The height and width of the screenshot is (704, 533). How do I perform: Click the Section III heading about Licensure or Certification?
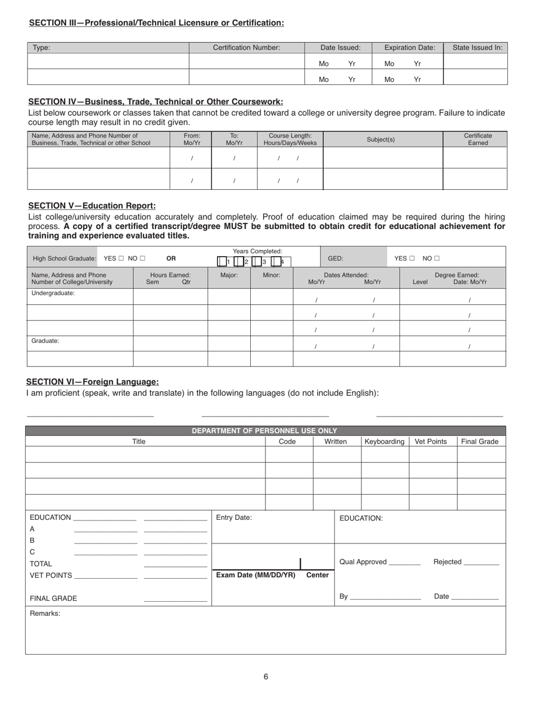coord(156,23)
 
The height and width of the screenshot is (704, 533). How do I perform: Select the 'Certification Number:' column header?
coord(246,48)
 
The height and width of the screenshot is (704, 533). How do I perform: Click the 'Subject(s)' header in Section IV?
coord(381,139)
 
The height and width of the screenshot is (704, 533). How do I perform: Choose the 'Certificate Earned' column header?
coord(477,139)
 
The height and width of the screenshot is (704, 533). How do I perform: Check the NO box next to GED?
coord(437,258)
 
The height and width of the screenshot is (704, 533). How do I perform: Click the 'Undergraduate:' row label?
coord(53,293)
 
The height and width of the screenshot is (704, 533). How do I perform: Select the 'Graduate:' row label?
coord(45,340)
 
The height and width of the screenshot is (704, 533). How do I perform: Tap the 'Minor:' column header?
coord(272,275)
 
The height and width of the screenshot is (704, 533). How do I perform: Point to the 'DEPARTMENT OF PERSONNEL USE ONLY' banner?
coord(264,431)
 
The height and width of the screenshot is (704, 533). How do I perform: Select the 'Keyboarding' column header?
coord(384,442)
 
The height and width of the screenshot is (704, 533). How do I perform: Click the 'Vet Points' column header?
coord(430,442)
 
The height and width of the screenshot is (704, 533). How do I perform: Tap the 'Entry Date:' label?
coord(234,518)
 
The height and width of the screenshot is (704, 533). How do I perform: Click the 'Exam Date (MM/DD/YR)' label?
coord(256,575)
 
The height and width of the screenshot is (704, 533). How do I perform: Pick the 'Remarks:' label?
coord(45,614)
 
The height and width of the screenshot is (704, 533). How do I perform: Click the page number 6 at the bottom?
coord(266,676)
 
